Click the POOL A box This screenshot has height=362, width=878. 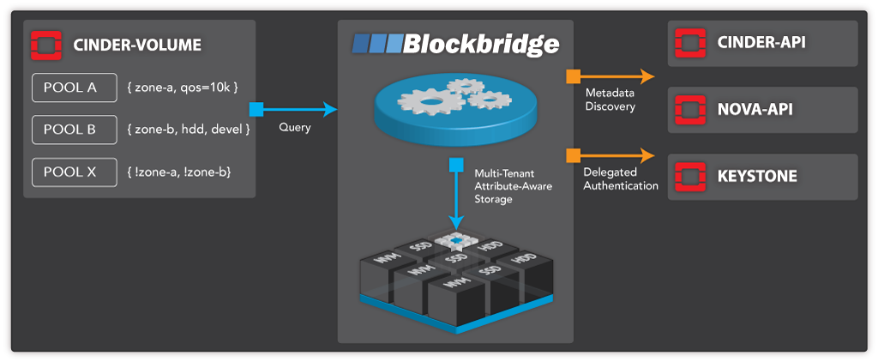75,87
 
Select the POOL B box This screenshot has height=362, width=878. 75,130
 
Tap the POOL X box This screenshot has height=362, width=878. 75,172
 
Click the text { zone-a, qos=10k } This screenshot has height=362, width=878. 186,87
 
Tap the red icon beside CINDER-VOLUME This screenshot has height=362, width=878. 44,44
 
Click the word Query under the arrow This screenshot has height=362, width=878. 293,128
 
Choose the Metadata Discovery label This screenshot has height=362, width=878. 610,100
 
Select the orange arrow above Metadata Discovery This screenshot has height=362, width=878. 610,77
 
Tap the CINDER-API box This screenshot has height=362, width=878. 762,44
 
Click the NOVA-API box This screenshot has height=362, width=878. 762,109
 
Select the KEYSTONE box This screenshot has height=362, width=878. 762,177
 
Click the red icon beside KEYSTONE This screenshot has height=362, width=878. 689,177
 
